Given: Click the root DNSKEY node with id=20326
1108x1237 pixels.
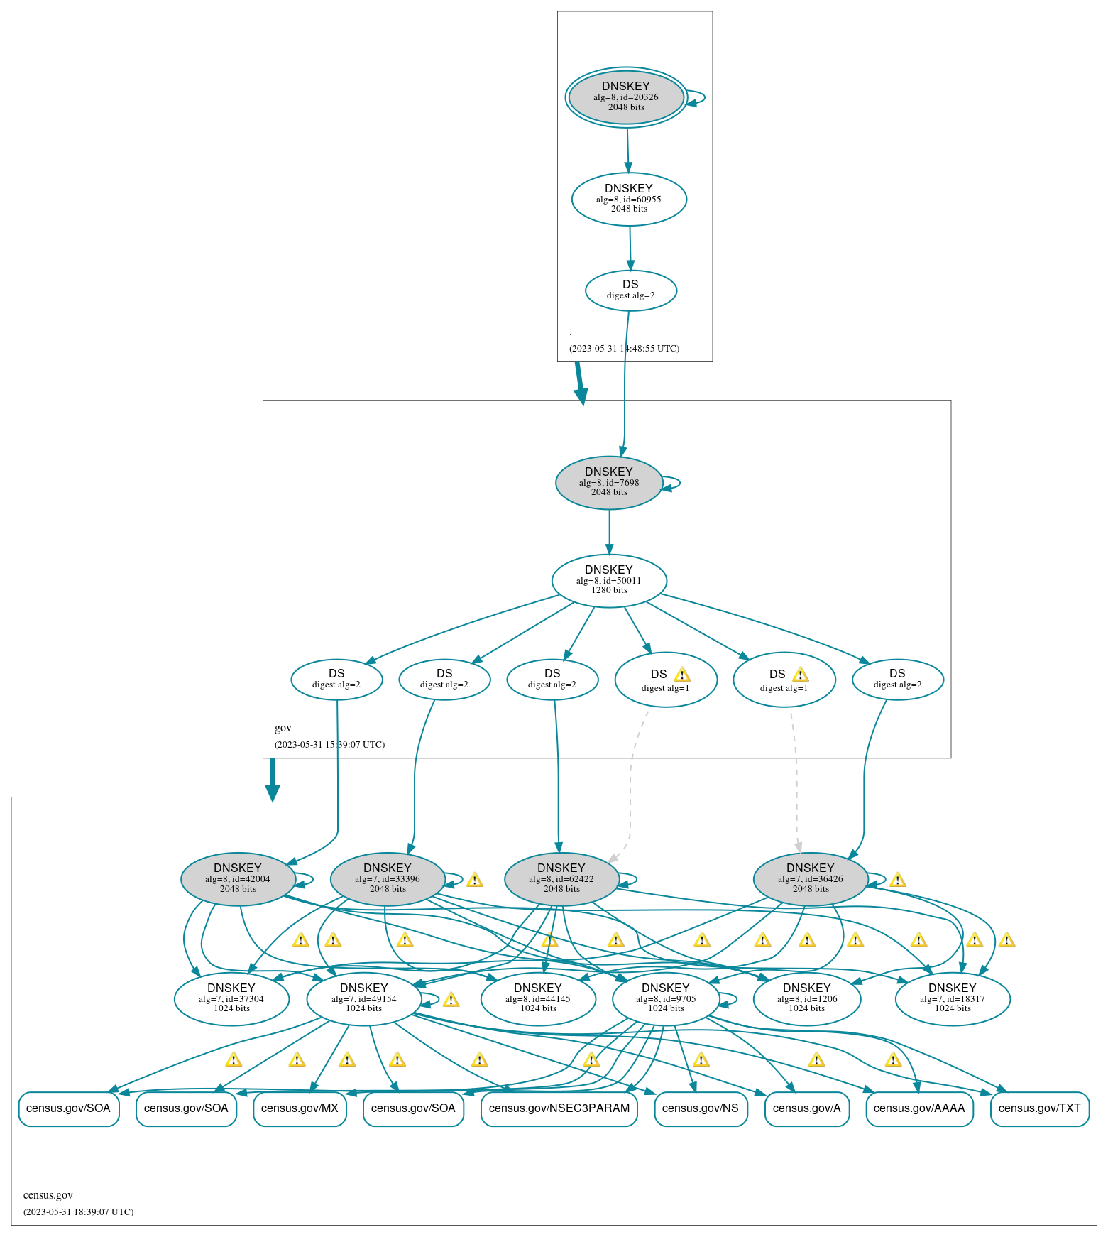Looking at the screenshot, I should [x=626, y=97].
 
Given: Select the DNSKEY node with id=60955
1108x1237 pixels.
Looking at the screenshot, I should [x=629, y=199].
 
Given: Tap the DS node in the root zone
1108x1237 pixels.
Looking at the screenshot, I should [x=630, y=290].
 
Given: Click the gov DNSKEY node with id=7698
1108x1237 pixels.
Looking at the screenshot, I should [x=609, y=482].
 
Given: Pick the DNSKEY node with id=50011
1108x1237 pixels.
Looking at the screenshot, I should [x=609, y=580].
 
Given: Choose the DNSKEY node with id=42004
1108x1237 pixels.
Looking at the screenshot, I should [x=238, y=878].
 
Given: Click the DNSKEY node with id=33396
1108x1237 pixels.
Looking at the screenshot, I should [x=388, y=878].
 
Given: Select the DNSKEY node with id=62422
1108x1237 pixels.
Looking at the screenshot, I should [x=561, y=878].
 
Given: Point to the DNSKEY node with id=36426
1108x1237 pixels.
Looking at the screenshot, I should [x=811, y=878].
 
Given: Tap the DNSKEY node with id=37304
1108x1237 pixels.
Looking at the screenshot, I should [x=231, y=998].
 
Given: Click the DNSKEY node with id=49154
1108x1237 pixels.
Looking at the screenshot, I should [x=364, y=998].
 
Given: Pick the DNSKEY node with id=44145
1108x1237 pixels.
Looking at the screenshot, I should [x=538, y=998].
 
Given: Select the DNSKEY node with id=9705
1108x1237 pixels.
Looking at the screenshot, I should [x=666, y=998].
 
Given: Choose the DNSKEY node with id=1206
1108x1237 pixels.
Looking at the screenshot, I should [x=807, y=998].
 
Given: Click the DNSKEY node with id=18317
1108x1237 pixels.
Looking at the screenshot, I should [x=953, y=998].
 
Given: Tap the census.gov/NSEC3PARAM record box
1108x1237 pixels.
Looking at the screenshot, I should [x=559, y=1108].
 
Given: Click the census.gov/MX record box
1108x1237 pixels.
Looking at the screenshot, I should [x=300, y=1108].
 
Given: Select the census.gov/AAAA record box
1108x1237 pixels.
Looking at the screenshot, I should [x=919, y=1108].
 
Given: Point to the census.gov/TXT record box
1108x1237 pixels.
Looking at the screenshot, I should [x=1039, y=1108].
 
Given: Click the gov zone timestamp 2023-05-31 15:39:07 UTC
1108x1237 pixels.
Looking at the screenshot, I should [x=330, y=745].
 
